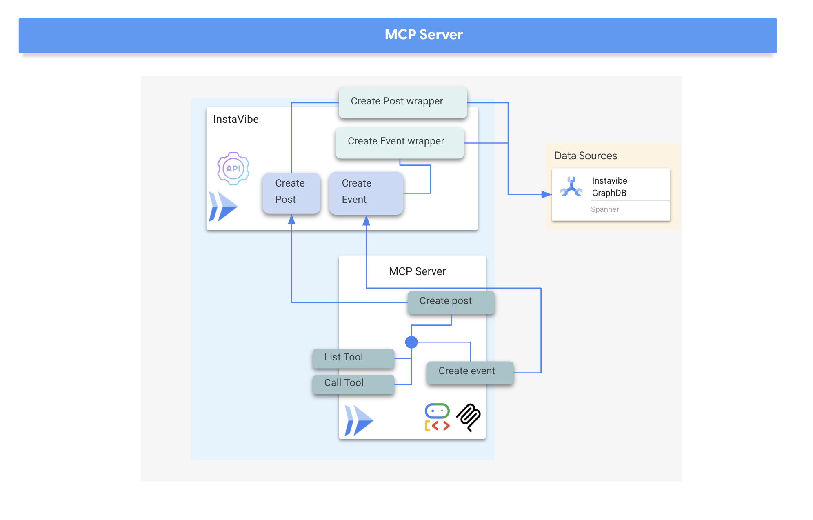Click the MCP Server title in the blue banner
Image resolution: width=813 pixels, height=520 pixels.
pyautogui.click(x=423, y=35)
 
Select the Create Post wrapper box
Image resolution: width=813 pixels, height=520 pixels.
pyautogui.click(x=402, y=102)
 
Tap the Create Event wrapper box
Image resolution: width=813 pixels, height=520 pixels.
pyautogui.click(x=399, y=142)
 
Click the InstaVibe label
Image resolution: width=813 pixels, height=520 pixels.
pyautogui.click(x=235, y=119)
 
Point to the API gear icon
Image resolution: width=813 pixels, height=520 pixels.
pyautogui.click(x=233, y=168)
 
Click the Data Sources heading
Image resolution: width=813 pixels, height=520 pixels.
pyautogui.click(x=585, y=156)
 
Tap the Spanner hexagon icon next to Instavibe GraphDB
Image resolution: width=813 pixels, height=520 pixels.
pyautogui.click(x=571, y=187)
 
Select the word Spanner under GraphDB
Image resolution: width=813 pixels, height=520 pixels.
pyautogui.click(x=604, y=209)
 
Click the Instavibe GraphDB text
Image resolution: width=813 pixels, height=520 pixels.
pyautogui.click(x=609, y=187)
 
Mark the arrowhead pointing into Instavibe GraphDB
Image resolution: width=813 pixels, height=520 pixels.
pyautogui.click(x=546, y=195)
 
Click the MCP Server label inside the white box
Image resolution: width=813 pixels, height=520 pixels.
pyautogui.click(x=417, y=271)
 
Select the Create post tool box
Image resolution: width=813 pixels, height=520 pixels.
pyautogui.click(x=451, y=302)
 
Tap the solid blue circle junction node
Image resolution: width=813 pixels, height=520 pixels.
pyautogui.click(x=411, y=342)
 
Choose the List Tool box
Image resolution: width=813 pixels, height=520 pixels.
pyautogui.click(x=353, y=358)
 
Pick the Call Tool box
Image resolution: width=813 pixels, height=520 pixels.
pyautogui.click(x=353, y=384)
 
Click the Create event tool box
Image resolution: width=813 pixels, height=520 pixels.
pyautogui.click(x=470, y=372)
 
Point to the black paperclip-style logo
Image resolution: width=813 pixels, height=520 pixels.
pyautogui.click(x=469, y=417)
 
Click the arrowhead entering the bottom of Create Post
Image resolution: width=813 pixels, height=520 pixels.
pyautogui.click(x=291, y=220)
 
